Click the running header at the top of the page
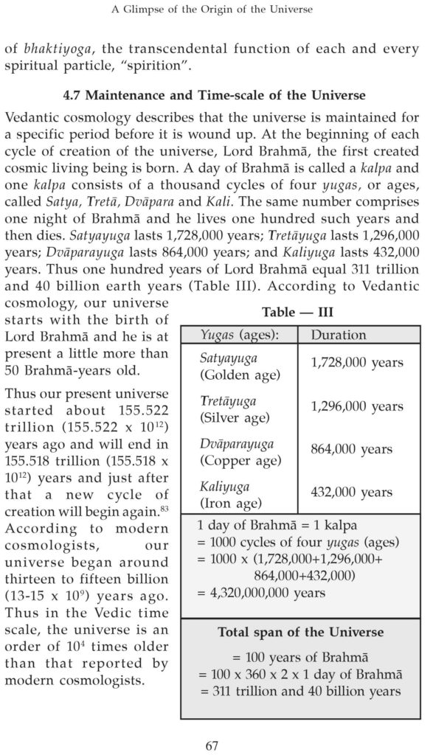[216, 10]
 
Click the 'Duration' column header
[338, 335]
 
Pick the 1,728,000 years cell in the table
[357, 363]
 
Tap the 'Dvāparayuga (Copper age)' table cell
[240, 452]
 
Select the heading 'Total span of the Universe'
[300, 633]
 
